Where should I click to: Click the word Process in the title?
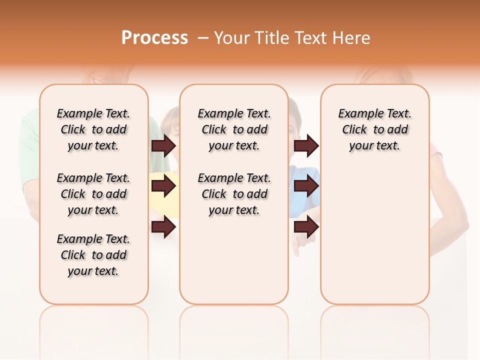[x=154, y=38]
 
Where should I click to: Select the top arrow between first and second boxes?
[x=163, y=146]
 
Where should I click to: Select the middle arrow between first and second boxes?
[x=163, y=186]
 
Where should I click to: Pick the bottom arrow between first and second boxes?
[x=163, y=227]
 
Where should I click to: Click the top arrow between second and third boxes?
[x=306, y=146]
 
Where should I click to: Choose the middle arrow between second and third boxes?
[x=306, y=186]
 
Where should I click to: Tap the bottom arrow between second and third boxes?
[x=306, y=227]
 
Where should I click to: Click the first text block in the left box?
[x=93, y=129]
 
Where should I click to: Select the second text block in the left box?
[x=93, y=194]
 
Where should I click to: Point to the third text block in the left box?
[x=93, y=255]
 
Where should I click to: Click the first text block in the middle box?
[x=234, y=129]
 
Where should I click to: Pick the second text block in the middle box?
[x=234, y=194]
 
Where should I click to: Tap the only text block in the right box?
[x=374, y=129]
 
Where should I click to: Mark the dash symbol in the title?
[x=202, y=38]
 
